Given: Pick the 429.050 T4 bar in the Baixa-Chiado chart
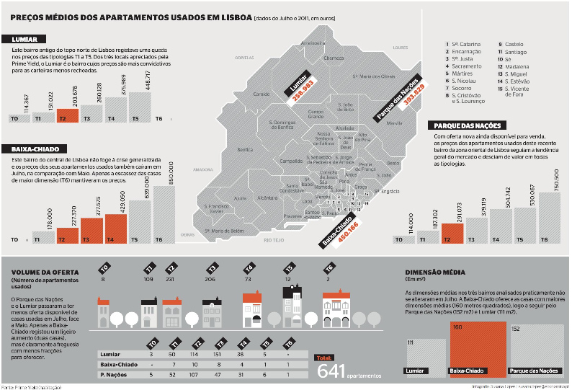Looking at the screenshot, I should coord(115,229).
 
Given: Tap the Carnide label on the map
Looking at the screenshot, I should coord(261,94).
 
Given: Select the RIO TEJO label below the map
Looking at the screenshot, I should coord(274,239).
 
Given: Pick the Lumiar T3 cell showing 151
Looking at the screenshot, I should coord(219,355).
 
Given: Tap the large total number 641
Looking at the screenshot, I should coord(329,371).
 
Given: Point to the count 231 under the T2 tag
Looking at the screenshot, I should coord(171,278).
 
